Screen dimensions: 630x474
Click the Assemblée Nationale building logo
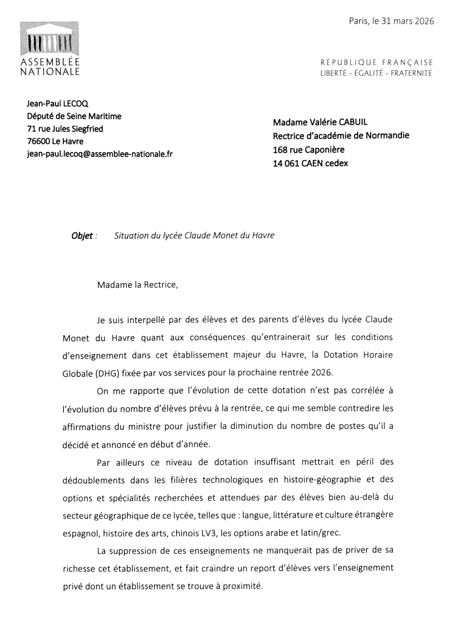pyautogui.click(x=50, y=39)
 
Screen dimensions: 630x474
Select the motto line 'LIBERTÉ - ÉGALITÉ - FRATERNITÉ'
pyautogui.click(x=376, y=73)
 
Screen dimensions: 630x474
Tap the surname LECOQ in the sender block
pyautogui.click(x=76, y=104)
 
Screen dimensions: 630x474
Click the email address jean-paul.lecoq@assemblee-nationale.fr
pyautogui.click(x=100, y=154)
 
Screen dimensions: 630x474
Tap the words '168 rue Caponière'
pyautogui.click(x=309, y=149)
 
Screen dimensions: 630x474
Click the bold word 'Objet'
pyautogui.click(x=82, y=236)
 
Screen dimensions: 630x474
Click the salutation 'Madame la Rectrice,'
pyautogui.click(x=137, y=285)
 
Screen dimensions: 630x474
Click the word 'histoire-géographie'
pyautogui.click(x=322, y=479)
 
